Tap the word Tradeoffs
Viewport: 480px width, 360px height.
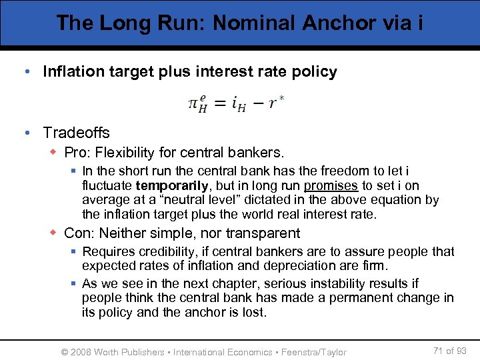(76, 133)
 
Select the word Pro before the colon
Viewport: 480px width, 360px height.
(77, 153)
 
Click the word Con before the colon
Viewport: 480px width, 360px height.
(78, 233)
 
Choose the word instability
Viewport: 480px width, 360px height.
(354, 283)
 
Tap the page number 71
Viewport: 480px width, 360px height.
(439, 350)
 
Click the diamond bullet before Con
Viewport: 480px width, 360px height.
(53, 233)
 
